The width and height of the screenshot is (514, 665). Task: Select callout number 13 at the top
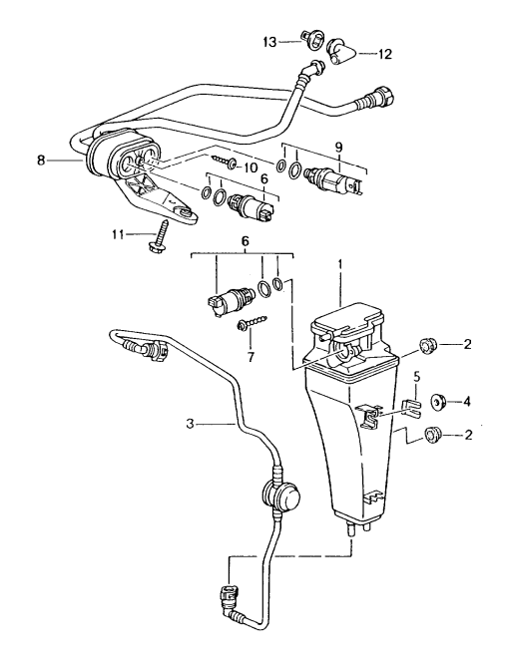coord(269,41)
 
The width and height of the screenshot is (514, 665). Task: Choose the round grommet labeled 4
coord(436,403)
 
